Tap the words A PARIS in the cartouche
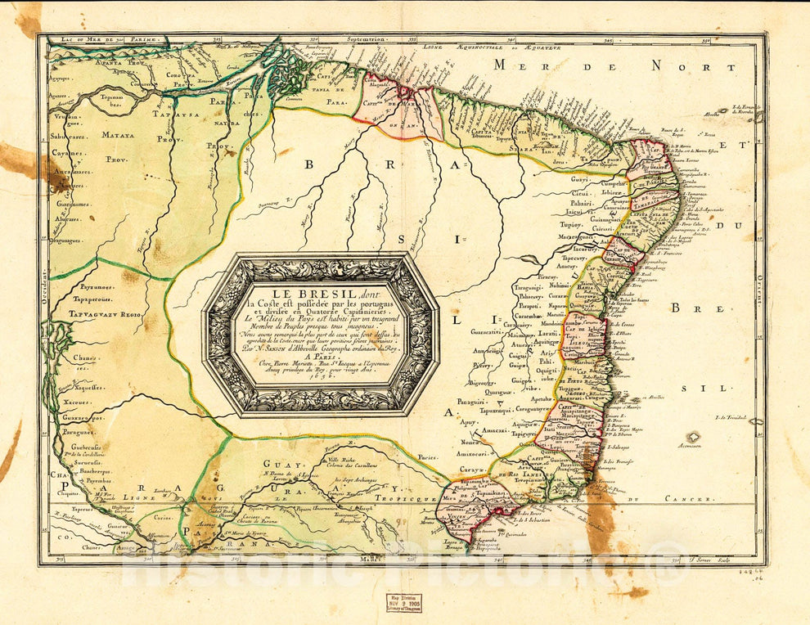point(320,357)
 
